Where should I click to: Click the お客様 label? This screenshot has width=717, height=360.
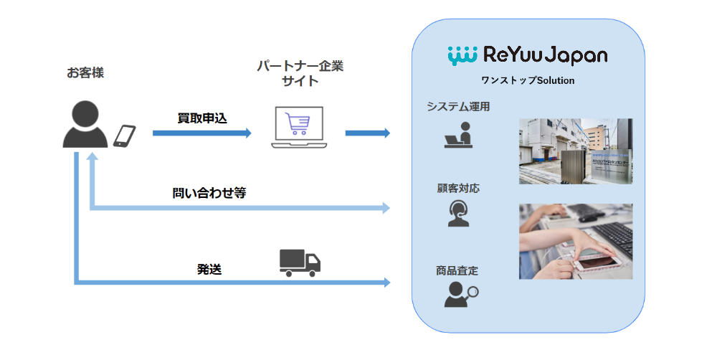coord(85,72)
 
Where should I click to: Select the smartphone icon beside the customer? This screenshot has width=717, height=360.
coord(125,136)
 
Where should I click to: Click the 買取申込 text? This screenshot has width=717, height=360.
coord(202,118)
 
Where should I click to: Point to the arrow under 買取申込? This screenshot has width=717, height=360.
coord(201,133)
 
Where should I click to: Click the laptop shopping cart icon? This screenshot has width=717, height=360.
coord(297,127)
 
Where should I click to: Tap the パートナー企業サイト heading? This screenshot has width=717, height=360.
coord(300,73)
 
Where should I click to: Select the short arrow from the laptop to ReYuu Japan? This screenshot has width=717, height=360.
coord(367,133)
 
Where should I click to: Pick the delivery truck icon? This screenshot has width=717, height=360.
coord(299,262)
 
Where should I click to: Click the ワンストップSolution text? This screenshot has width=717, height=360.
coord(528,80)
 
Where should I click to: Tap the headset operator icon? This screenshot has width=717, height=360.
coord(458,213)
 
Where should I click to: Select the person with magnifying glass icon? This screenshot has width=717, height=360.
coord(460,294)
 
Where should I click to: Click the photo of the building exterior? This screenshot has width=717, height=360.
coord(576,151)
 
